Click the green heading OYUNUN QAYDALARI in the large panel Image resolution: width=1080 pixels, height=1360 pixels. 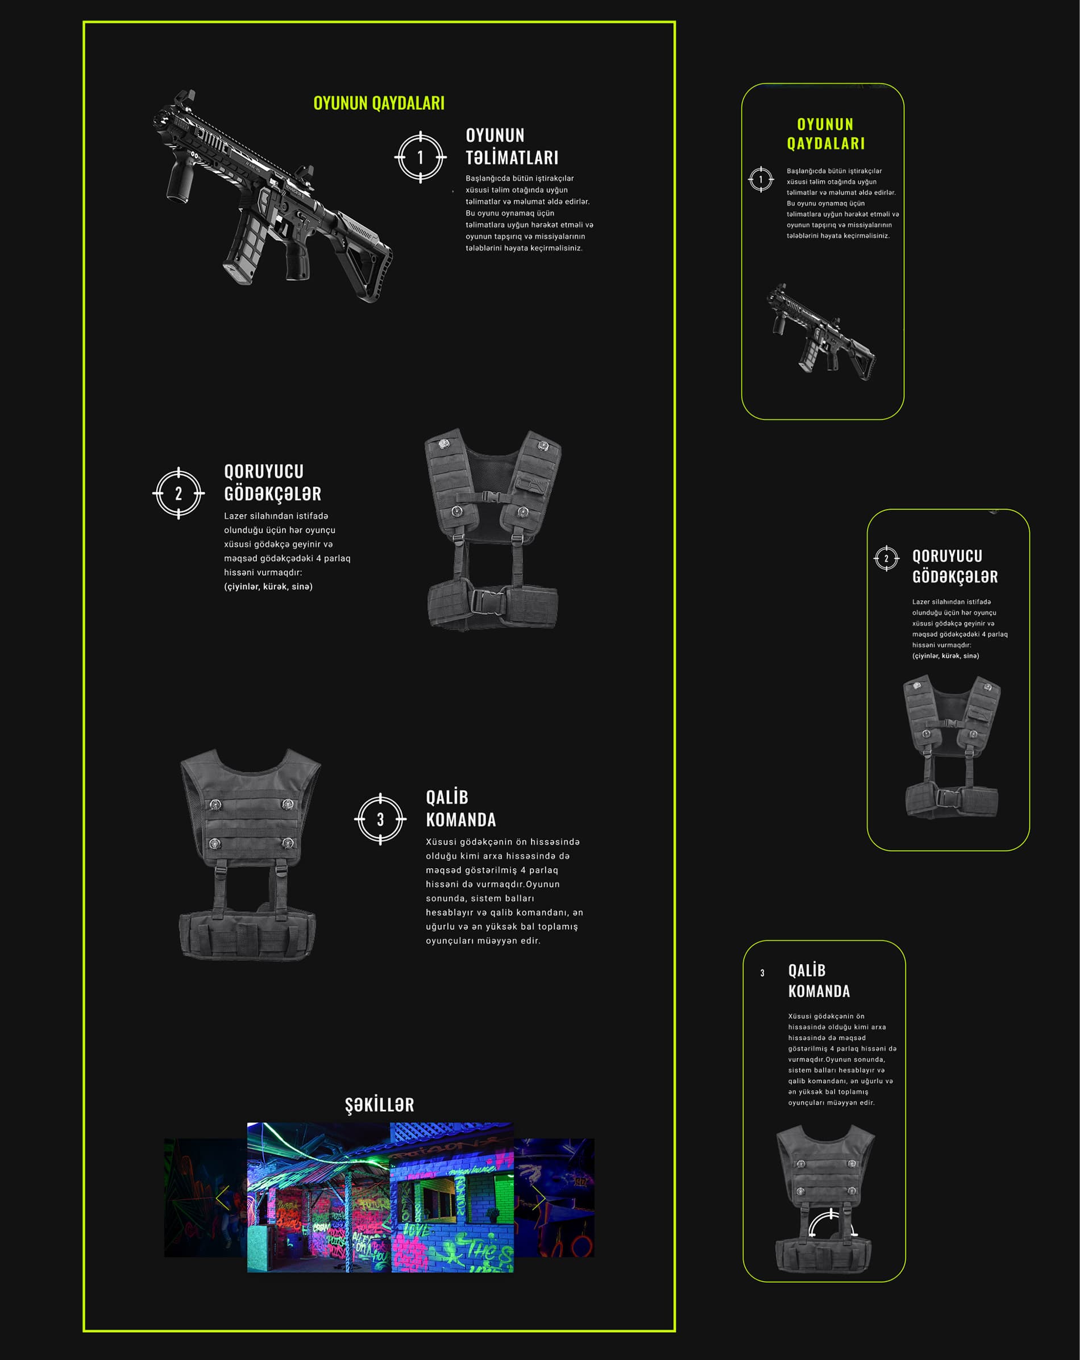coord(379,103)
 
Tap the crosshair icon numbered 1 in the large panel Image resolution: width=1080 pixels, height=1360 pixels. coord(421,157)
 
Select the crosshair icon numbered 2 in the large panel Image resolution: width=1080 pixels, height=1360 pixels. coord(178,494)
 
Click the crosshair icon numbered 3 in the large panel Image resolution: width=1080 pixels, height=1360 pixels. coord(380,819)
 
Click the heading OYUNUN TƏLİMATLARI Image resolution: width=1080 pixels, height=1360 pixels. coord(512,146)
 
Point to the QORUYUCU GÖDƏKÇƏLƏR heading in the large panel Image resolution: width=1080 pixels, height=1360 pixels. coord(272,483)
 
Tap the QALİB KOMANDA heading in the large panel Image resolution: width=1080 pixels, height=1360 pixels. coord(461,808)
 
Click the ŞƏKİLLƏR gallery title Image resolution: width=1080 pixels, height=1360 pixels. coord(380,1104)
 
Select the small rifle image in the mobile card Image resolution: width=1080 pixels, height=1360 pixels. coord(820,332)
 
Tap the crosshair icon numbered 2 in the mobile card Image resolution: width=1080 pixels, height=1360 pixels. coord(886,558)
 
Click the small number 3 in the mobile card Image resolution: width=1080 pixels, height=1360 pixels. coord(762,973)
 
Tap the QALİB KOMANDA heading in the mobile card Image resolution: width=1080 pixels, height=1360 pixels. coord(819,981)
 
